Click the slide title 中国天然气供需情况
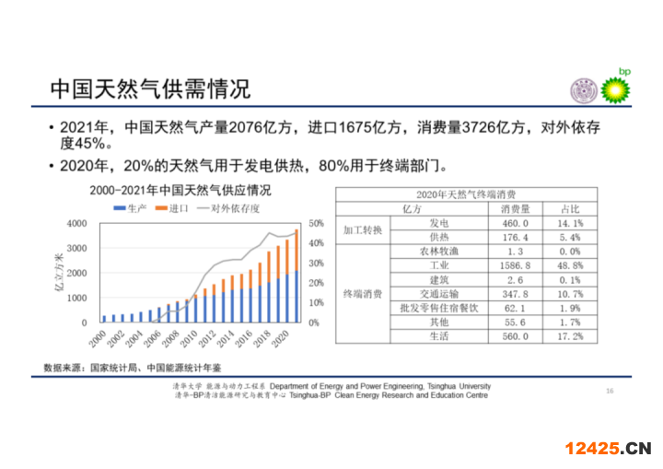click(149, 88)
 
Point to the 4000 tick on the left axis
click(77, 224)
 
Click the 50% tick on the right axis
click(316, 224)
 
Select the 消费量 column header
click(515, 209)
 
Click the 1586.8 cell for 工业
click(515, 265)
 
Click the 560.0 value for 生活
click(515, 336)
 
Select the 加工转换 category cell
click(362, 230)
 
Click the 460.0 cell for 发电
click(515, 223)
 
